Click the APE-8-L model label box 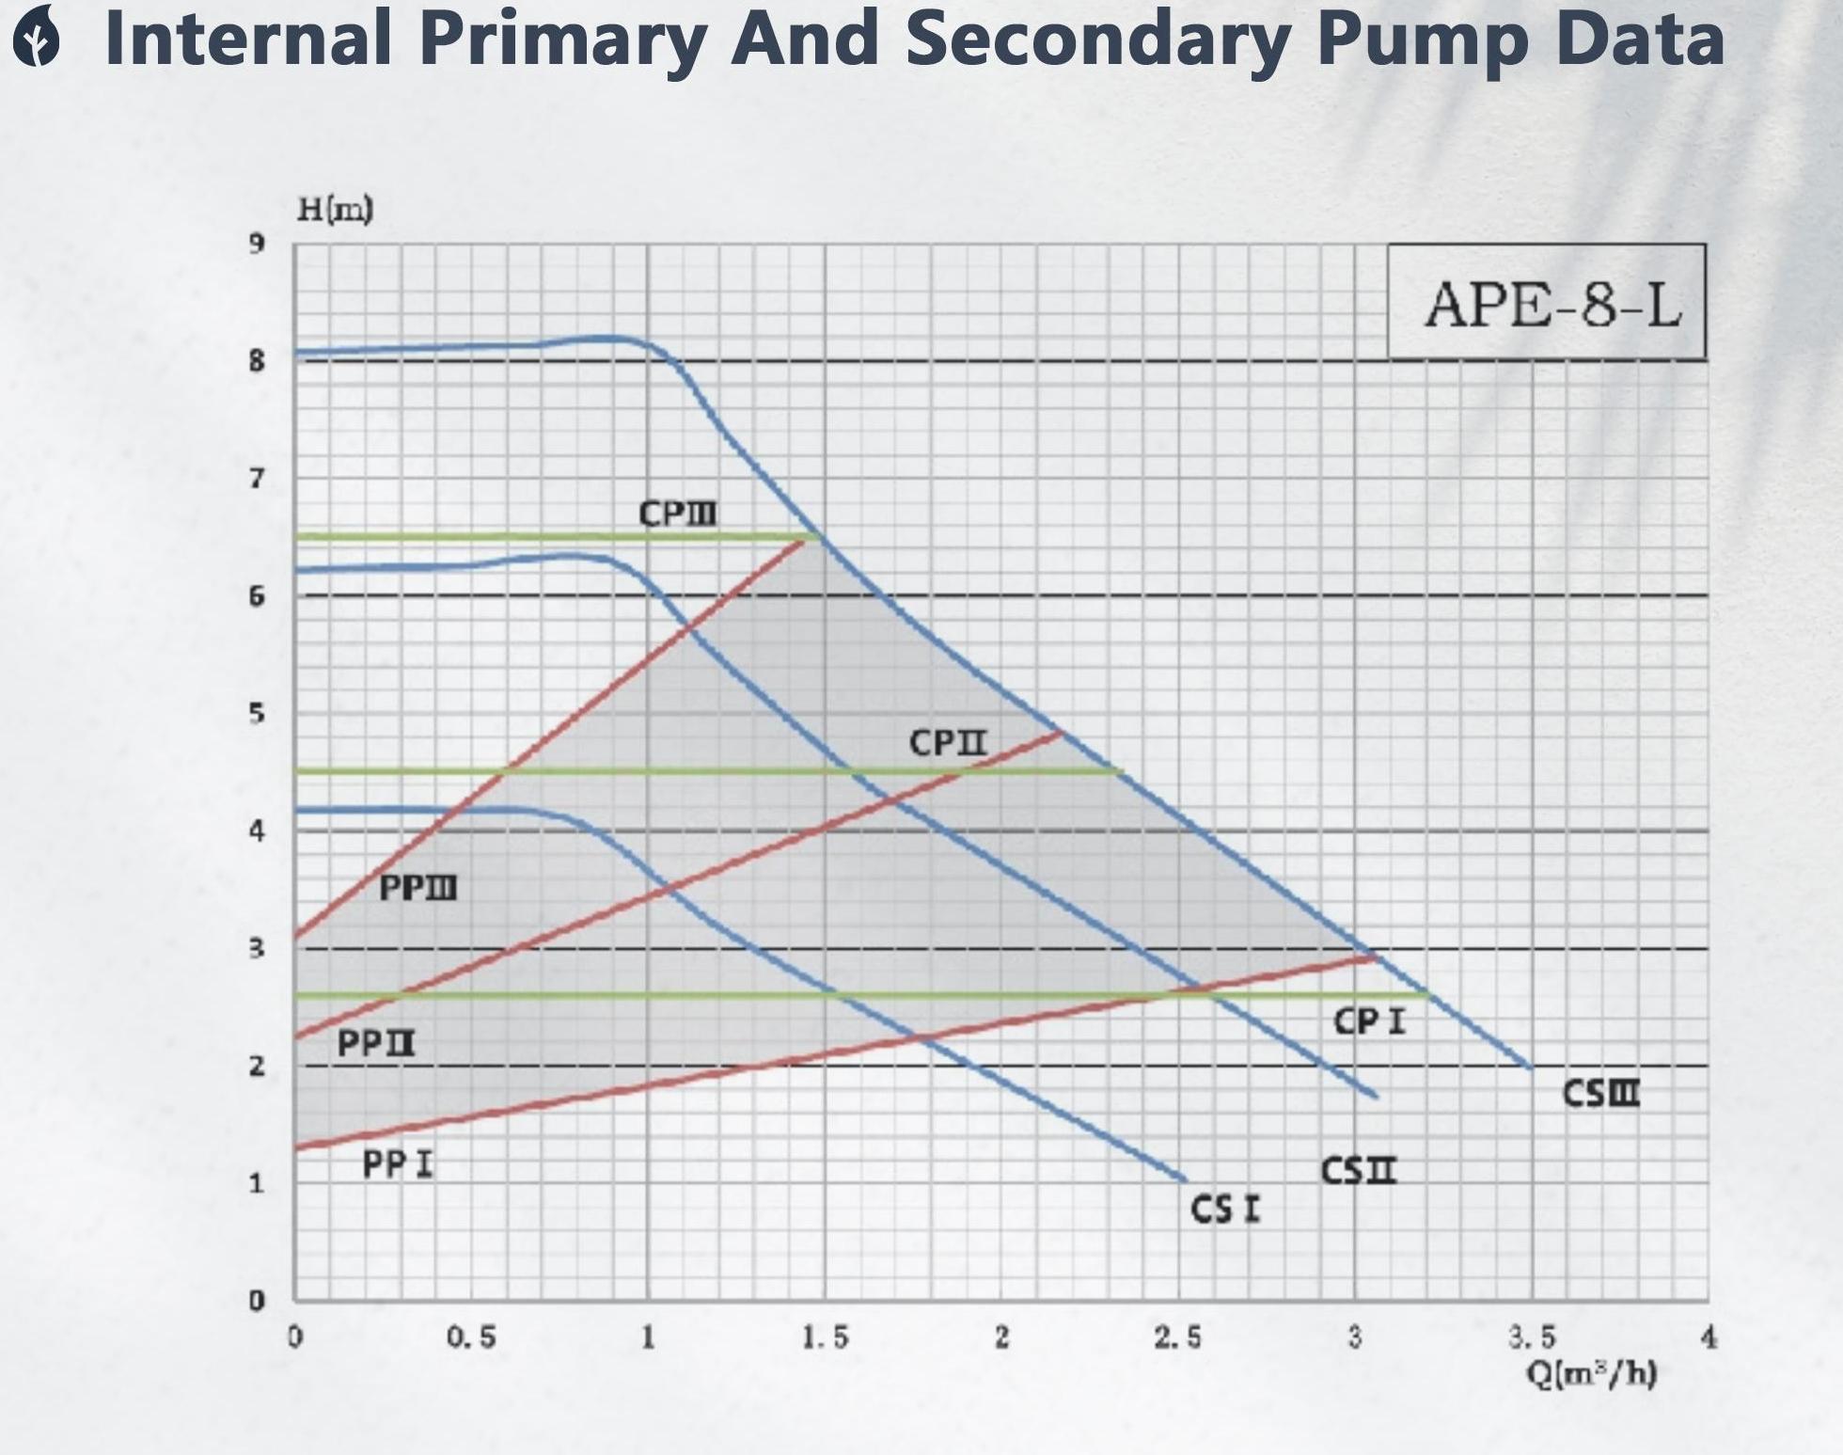point(1547,303)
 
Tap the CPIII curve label point(677,514)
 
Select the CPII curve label point(948,742)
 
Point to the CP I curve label point(1369,1021)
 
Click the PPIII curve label point(417,887)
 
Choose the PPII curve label point(376,1043)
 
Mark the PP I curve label point(398,1164)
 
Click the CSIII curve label point(1601,1093)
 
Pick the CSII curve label point(1359,1171)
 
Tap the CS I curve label point(1225,1209)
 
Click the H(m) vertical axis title point(335,209)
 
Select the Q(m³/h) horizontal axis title point(1591,1374)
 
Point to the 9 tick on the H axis point(257,244)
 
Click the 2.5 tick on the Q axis point(1178,1336)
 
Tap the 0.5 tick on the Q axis point(471,1336)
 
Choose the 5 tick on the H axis point(257,713)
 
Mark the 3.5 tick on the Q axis point(1532,1336)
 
